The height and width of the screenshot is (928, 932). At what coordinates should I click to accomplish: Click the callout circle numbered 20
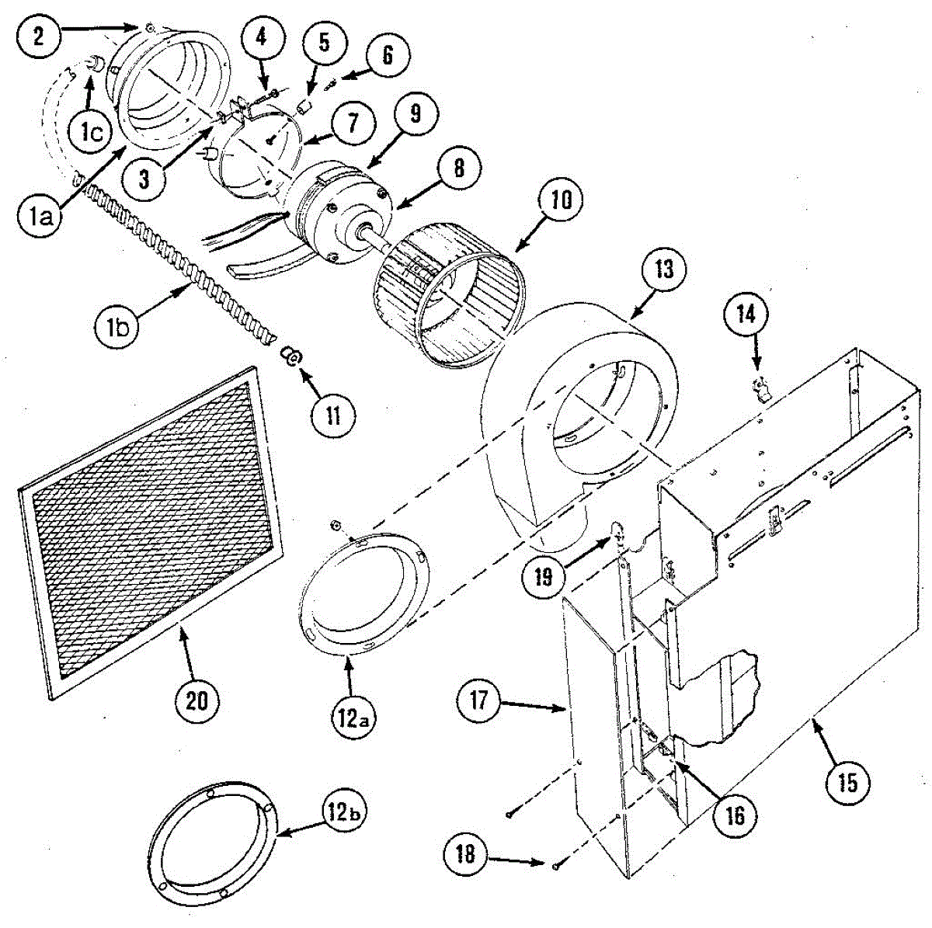point(196,700)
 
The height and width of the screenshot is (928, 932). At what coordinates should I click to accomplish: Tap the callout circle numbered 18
point(467,854)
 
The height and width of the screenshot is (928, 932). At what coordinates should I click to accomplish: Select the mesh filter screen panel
point(148,528)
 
